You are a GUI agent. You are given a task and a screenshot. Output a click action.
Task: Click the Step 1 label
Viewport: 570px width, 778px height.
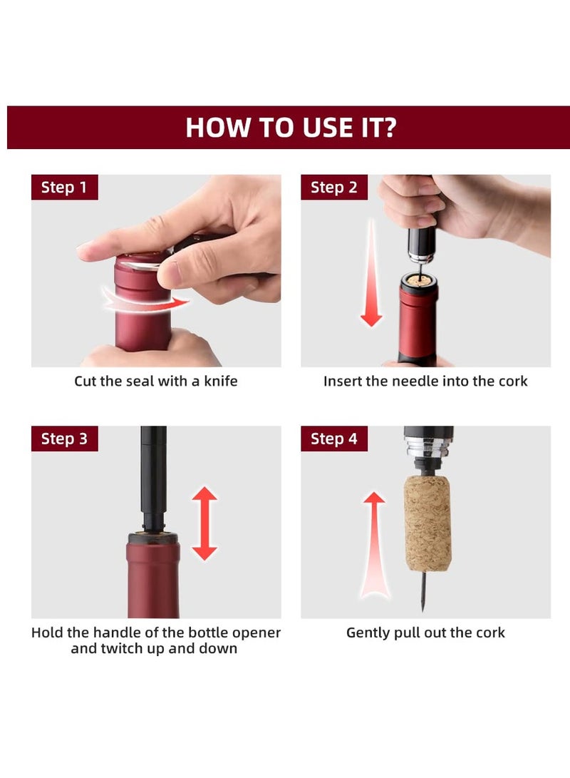click(x=64, y=188)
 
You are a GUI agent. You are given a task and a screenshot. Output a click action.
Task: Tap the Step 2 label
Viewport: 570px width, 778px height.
click(x=333, y=188)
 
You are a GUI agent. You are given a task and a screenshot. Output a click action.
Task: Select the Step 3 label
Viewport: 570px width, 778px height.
click(x=64, y=439)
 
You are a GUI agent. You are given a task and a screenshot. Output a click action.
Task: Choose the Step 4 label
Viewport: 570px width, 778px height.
click(x=333, y=439)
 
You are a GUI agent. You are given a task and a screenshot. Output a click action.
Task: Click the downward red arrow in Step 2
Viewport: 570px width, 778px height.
click(x=370, y=275)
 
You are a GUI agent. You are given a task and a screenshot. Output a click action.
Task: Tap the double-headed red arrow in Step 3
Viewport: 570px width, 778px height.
click(x=204, y=523)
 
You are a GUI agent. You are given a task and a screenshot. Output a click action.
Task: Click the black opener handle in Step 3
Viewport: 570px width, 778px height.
click(x=153, y=471)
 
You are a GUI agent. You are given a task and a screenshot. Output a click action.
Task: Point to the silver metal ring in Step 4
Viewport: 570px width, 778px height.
click(x=427, y=452)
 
